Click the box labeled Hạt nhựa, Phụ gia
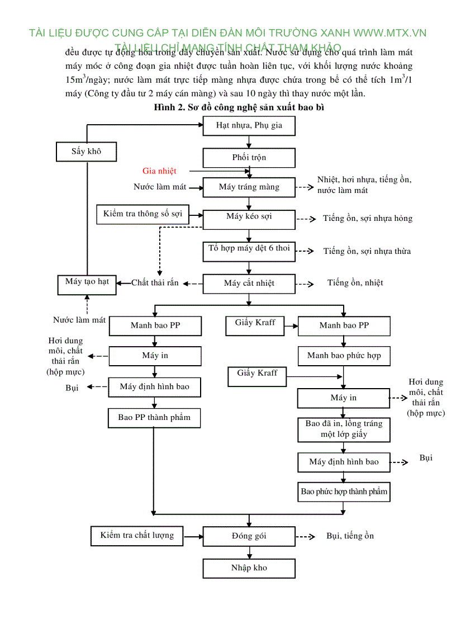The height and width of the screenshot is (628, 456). pyautogui.click(x=249, y=126)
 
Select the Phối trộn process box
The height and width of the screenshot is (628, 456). pyautogui.click(x=249, y=158)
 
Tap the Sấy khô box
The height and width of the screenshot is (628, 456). pyautogui.click(x=86, y=151)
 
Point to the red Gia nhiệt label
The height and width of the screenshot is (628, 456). pyautogui.click(x=159, y=171)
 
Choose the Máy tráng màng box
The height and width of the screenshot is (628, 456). pyautogui.click(x=249, y=187)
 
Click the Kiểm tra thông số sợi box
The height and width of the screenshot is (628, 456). pyautogui.click(x=142, y=214)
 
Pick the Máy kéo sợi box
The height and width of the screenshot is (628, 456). pyautogui.click(x=249, y=218)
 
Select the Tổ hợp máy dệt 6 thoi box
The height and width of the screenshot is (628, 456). pyautogui.click(x=249, y=250)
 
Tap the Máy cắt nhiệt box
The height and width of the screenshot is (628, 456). pyautogui.click(x=249, y=283)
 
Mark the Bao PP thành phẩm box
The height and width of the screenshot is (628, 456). pyautogui.click(x=154, y=418)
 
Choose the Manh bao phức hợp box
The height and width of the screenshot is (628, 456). pyautogui.click(x=344, y=356)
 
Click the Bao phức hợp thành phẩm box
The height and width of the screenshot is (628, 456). pyautogui.click(x=344, y=492)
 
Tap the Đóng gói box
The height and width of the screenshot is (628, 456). pyautogui.click(x=249, y=536)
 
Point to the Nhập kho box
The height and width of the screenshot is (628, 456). pyautogui.click(x=249, y=568)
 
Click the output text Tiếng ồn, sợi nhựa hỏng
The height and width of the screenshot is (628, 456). pyautogui.click(x=367, y=219)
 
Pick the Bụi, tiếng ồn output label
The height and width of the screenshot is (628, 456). pyautogui.click(x=350, y=536)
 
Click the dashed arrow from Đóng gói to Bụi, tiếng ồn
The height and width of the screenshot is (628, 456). pyautogui.click(x=305, y=537)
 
